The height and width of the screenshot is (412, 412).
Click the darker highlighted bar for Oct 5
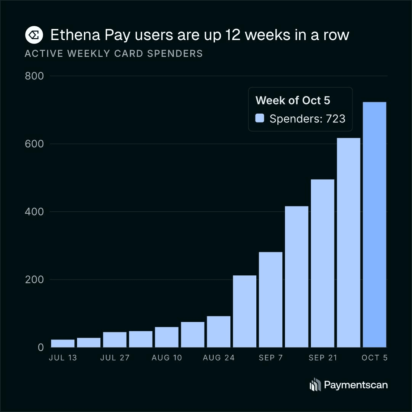[x=375, y=225]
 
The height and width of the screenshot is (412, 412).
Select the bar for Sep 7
[x=270, y=299]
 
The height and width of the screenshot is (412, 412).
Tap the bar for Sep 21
[x=322, y=263]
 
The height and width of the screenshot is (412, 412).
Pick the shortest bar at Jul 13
[x=63, y=343]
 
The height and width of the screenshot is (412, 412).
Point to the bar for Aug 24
[x=219, y=332]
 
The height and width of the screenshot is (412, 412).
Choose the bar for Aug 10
[x=167, y=337]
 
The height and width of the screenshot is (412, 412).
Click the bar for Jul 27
[x=114, y=340]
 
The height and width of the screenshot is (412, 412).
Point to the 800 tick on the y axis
[x=34, y=76]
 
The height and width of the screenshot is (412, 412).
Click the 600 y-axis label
[x=34, y=144]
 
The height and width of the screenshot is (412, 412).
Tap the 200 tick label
[x=34, y=280]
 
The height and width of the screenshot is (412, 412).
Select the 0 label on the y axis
[x=41, y=348]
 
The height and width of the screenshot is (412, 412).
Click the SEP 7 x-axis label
[x=270, y=357]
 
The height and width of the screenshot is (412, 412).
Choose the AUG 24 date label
[x=219, y=357]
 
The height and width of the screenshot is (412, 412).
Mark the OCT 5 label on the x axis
[x=375, y=357]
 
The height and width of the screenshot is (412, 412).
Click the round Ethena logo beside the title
[x=34, y=35]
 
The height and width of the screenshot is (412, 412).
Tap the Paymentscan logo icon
[x=315, y=385]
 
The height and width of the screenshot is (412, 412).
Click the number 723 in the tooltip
[x=336, y=119]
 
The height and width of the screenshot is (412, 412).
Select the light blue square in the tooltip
[x=260, y=118]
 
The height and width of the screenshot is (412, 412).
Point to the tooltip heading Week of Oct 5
[x=293, y=100]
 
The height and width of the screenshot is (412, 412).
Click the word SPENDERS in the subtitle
[x=175, y=54]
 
